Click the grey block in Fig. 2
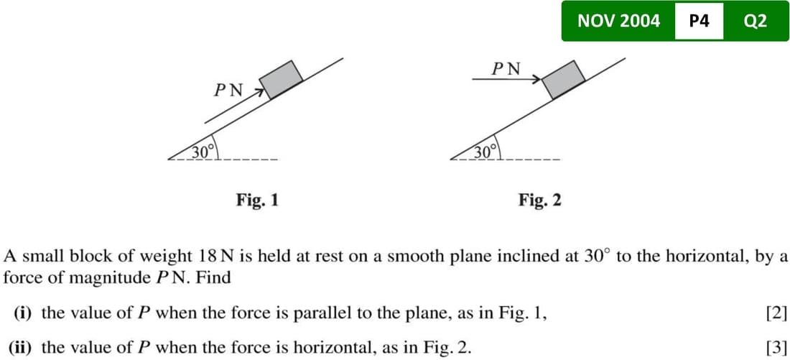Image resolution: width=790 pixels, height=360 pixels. tap(564, 79)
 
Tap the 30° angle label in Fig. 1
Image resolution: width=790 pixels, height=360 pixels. tap(203, 151)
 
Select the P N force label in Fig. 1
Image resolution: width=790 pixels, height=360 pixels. tap(228, 91)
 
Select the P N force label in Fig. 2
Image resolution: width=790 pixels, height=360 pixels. tap(506, 69)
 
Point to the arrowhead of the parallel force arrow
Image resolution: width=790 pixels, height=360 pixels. tap(254, 90)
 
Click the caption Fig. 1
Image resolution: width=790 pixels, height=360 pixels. tap(257, 200)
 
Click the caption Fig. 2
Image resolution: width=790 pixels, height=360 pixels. tap(540, 200)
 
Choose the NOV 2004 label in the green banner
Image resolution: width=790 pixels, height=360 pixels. tap(618, 21)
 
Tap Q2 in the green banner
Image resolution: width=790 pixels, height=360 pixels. tap(756, 21)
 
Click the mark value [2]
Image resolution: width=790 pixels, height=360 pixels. tap(777, 313)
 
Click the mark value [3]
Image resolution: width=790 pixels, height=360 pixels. tap(777, 348)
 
